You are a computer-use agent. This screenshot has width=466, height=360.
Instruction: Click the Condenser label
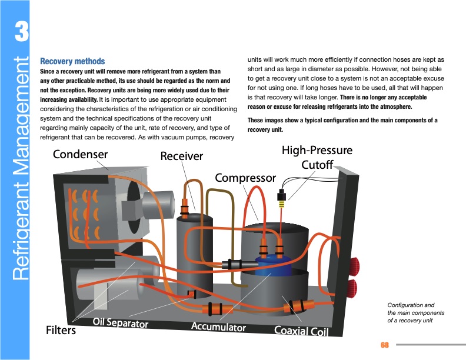tap(81, 155)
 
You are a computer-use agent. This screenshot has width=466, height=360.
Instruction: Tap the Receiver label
tap(181, 156)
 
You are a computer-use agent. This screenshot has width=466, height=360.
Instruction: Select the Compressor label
tap(245, 177)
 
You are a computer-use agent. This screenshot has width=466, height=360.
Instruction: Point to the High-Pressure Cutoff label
tap(317, 157)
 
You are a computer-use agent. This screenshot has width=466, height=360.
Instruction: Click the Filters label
tap(61, 331)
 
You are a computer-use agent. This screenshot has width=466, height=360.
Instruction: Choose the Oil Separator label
tap(120, 324)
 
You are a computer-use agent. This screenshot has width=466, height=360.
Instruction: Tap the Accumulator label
tap(218, 326)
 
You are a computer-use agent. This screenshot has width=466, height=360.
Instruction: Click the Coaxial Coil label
tap(300, 331)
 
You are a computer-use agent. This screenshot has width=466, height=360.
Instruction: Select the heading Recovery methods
tap(72, 61)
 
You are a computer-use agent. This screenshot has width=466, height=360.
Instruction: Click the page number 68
tap(385, 344)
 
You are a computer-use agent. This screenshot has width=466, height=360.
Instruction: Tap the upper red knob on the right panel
tap(354, 267)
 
